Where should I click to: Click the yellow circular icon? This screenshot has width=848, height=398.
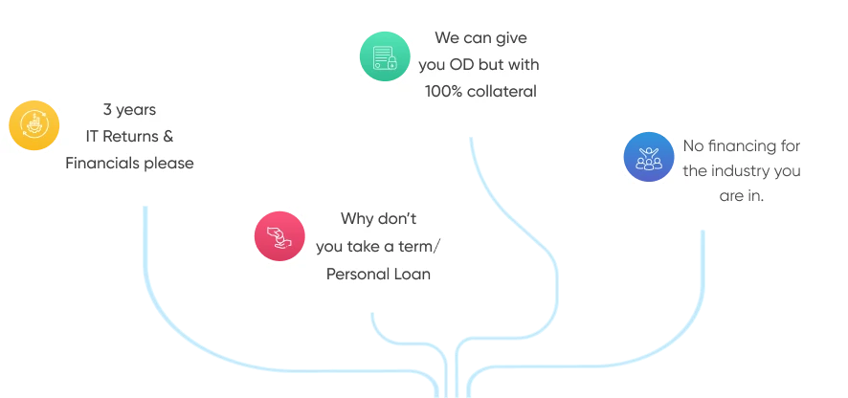34,124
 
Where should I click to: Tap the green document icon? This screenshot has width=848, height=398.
387,57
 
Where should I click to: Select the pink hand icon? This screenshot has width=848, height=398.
280,236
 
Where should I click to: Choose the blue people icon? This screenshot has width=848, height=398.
648,159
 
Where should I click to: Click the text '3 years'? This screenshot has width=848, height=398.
129,110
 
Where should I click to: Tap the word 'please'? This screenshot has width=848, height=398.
168,164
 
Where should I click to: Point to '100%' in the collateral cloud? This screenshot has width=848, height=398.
444,92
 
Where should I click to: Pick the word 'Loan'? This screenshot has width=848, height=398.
415,274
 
